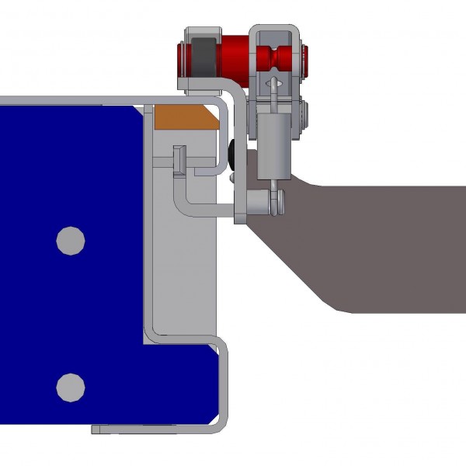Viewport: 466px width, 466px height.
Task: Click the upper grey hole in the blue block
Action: (71, 241)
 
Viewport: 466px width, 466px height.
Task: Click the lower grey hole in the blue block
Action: (71, 386)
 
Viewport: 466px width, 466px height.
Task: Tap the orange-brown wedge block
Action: (184, 118)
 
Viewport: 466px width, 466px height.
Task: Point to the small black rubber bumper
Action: (232, 154)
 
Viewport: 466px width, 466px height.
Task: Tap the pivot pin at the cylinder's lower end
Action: (275, 203)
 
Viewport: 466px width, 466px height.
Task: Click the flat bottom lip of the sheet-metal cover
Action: (148, 429)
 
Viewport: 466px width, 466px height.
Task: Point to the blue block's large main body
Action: (70, 311)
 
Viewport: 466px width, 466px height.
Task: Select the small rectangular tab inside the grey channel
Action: (178, 159)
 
